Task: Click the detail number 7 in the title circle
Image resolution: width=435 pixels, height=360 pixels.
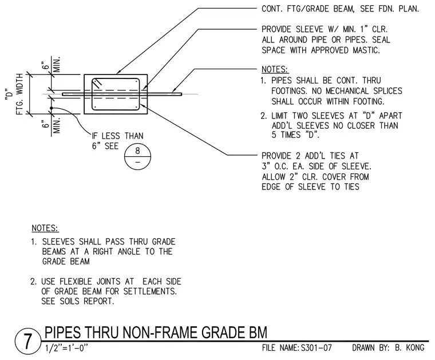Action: point(27,342)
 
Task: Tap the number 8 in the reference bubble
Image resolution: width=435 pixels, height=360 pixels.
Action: point(137,151)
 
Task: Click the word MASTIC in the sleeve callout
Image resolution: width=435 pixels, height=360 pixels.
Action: point(366,50)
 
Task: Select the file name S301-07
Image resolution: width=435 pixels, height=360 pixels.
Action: point(317,347)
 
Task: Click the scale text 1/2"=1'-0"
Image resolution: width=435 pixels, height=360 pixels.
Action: point(66,348)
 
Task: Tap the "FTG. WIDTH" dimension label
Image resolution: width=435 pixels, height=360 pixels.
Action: point(19,94)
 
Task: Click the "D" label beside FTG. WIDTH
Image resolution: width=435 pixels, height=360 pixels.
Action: point(9,94)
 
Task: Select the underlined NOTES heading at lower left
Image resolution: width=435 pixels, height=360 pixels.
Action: point(45,228)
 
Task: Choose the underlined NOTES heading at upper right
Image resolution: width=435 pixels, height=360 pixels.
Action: point(275,69)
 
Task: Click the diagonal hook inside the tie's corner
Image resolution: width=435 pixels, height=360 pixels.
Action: point(98,83)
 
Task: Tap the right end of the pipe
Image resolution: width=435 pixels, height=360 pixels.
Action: point(181,94)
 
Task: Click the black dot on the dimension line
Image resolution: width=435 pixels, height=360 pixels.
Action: point(52,108)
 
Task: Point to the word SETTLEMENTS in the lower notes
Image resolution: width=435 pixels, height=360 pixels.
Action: point(150,291)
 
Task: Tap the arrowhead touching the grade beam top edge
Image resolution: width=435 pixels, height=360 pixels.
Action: point(118,73)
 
